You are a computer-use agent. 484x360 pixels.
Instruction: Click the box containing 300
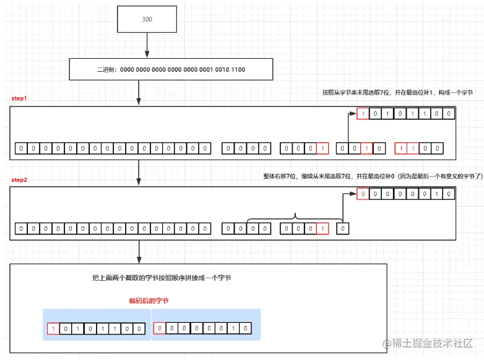point(147,19)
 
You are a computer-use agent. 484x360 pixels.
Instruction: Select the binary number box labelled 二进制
point(171,69)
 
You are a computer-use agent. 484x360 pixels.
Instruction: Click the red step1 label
point(19,99)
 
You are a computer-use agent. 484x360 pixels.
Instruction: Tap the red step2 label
point(19,179)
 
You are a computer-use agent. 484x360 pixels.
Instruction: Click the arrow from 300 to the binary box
point(147,45)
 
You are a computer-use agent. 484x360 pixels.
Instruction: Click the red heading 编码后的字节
point(149,301)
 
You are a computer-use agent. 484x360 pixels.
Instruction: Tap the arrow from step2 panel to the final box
point(139,251)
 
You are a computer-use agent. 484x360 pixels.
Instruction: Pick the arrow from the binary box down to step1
point(139,93)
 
